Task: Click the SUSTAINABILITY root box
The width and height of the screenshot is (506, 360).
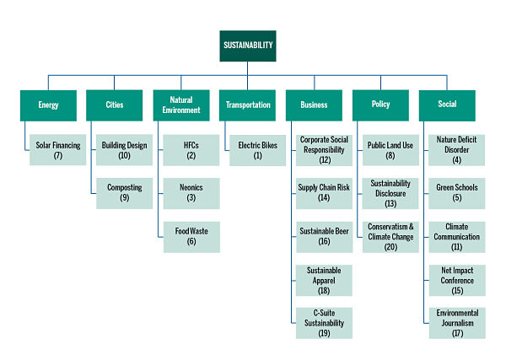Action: (x=247, y=46)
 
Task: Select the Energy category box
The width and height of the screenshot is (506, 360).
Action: (x=48, y=105)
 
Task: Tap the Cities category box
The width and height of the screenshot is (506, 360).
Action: (x=115, y=105)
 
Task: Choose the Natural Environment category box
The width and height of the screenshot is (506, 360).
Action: (x=180, y=105)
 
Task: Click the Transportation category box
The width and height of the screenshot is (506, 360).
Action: (x=247, y=105)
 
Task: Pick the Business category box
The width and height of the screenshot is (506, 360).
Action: (x=313, y=105)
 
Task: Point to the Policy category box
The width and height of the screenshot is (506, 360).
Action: (x=379, y=105)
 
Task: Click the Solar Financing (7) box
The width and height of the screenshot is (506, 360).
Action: (x=58, y=150)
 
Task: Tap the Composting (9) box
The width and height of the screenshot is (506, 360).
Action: (x=124, y=193)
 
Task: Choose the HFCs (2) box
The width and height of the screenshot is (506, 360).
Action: (x=191, y=150)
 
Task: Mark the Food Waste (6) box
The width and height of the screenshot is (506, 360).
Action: (x=191, y=236)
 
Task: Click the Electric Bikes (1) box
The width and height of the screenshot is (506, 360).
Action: (x=257, y=150)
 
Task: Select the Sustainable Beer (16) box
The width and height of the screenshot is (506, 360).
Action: (x=324, y=236)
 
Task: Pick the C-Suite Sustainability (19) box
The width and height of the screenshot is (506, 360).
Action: (x=324, y=323)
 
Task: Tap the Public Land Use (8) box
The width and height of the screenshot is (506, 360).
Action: (x=390, y=150)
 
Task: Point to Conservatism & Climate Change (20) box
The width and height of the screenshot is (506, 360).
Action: (x=390, y=236)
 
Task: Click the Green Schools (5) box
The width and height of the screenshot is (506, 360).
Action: (x=457, y=193)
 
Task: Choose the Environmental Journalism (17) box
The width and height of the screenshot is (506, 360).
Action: (x=457, y=323)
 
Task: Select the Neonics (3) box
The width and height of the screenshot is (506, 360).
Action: (x=191, y=193)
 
